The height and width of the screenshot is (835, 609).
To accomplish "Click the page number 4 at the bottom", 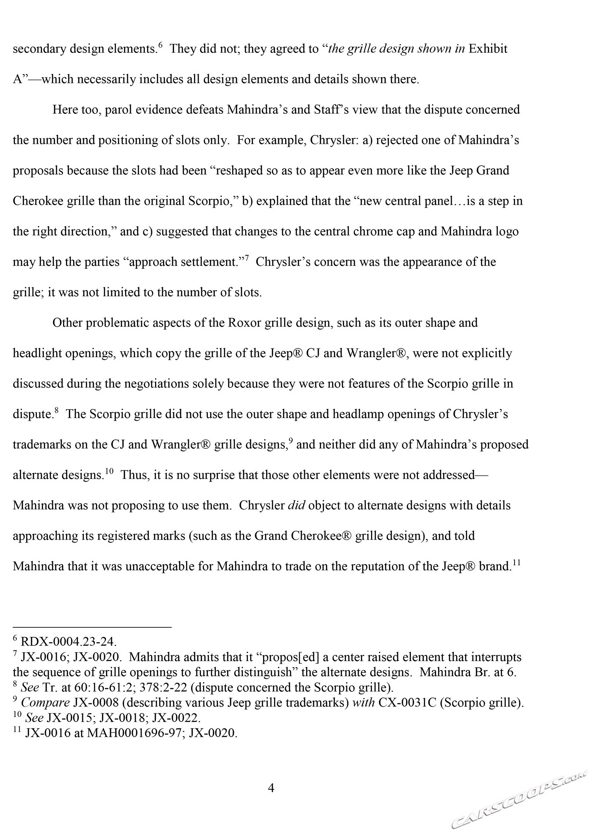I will click(271, 788).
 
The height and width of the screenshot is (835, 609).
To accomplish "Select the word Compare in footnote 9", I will click(45, 703).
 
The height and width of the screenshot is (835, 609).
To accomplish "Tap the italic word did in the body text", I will click(296, 505).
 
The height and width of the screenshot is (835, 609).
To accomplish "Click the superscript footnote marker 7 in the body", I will click(247, 258).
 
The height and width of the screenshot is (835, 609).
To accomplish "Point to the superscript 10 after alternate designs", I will click(109, 471).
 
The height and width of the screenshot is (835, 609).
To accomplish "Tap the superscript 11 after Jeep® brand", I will click(516, 562).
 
